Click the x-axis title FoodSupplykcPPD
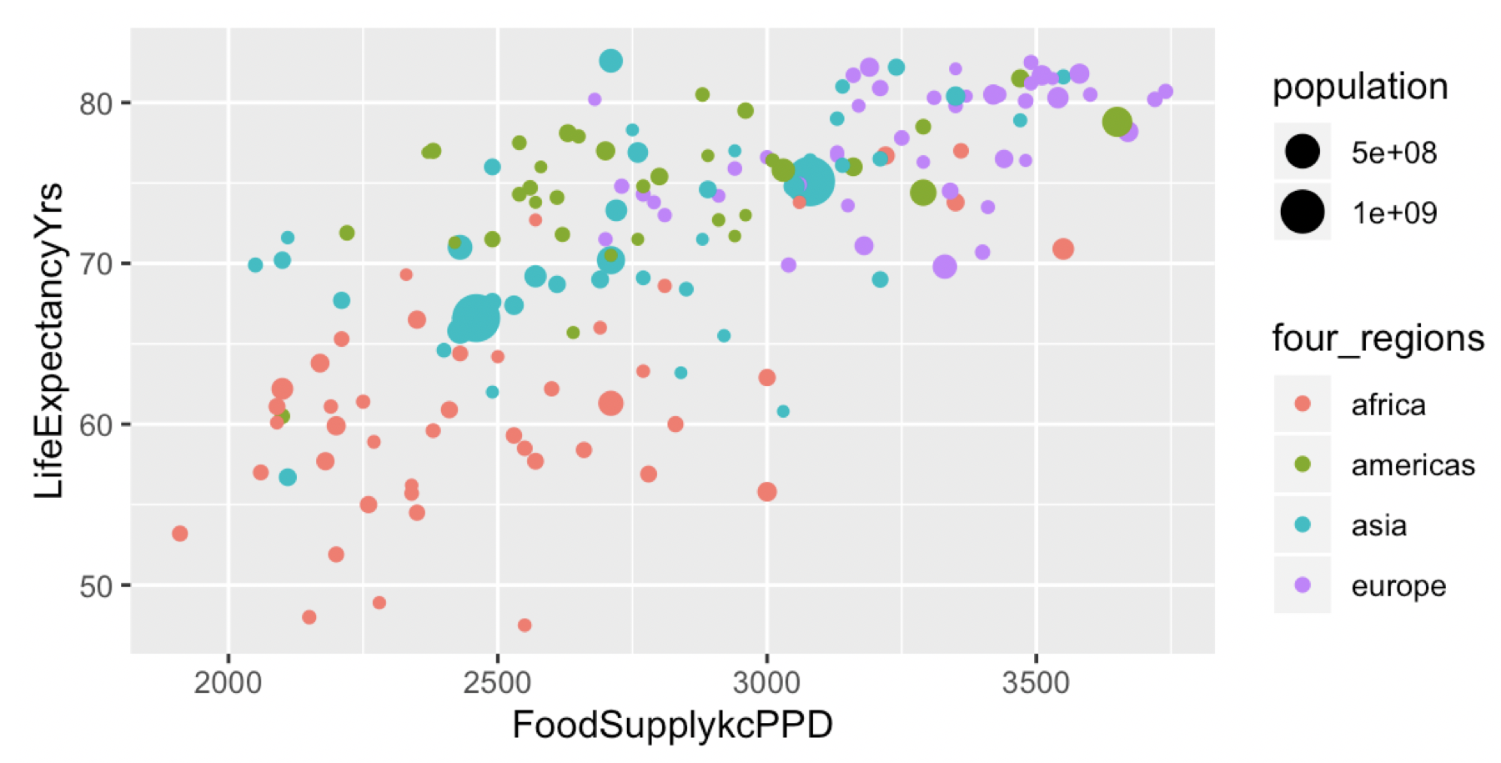[x=672, y=725]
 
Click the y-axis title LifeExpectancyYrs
[x=49, y=340]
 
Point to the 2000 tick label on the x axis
[x=228, y=682]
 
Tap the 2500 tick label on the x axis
[x=497, y=682]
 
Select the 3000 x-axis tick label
[x=766, y=682]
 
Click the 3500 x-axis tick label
[x=1035, y=682]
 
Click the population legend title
[x=1360, y=87]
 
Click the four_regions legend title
[x=1378, y=339]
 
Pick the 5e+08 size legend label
[x=1394, y=153]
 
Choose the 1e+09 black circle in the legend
[x=1302, y=212]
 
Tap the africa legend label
[x=1388, y=405]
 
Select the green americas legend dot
[x=1302, y=464]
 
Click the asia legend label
[x=1379, y=525]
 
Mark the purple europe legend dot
[x=1302, y=585]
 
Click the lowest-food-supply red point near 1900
[x=179, y=534]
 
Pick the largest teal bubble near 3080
[x=810, y=181]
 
